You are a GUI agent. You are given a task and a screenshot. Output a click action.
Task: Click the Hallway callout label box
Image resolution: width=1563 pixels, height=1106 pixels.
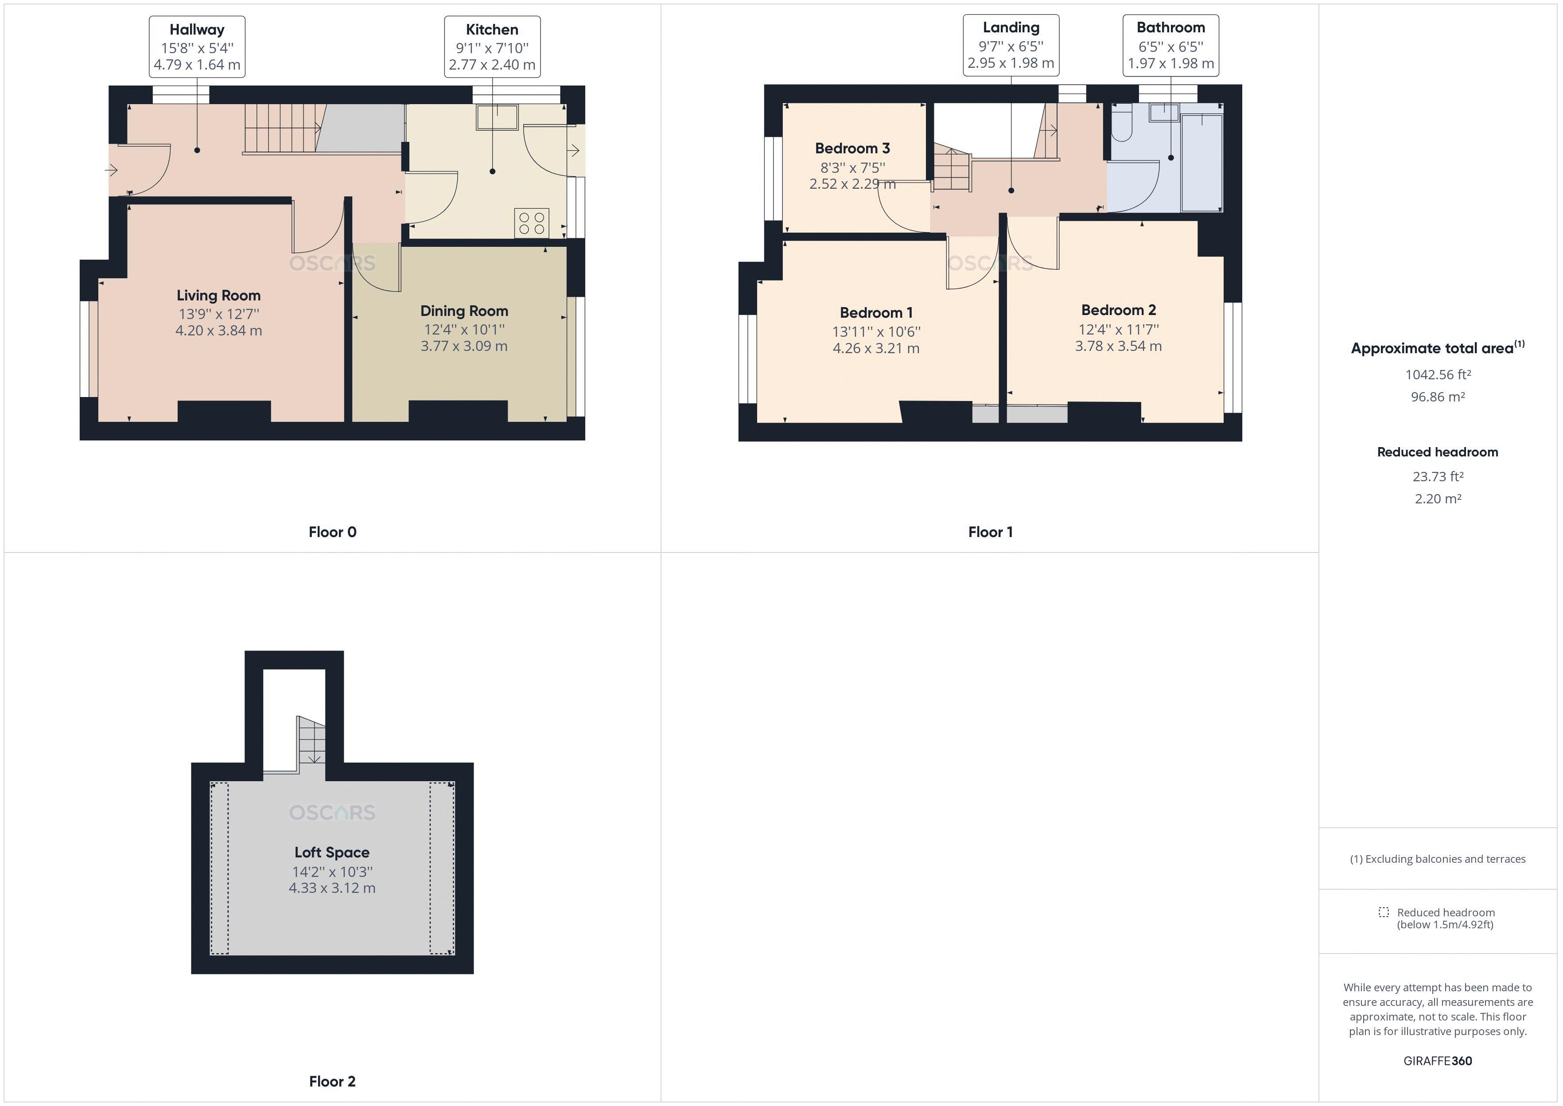tap(197, 47)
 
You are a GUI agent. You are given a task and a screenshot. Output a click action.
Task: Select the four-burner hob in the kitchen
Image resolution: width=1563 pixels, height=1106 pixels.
tap(532, 223)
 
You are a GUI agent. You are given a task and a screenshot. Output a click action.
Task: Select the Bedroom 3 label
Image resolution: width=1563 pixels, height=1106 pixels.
tap(852, 148)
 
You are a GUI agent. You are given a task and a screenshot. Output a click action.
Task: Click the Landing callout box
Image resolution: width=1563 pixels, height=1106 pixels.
tap(1011, 45)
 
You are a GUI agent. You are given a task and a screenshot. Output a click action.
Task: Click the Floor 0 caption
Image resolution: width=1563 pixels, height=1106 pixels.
tap(332, 532)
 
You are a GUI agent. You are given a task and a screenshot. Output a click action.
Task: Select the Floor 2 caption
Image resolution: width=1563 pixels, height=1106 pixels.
tap(332, 1082)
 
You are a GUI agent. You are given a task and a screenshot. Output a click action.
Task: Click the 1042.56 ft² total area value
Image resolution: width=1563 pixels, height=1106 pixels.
tap(1438, 374)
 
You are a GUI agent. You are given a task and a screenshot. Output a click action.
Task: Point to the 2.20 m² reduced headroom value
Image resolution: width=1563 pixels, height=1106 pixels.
tap(1438, 498)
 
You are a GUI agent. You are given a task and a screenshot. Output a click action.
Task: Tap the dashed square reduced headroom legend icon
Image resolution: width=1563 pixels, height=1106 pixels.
tap(1383, 912)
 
